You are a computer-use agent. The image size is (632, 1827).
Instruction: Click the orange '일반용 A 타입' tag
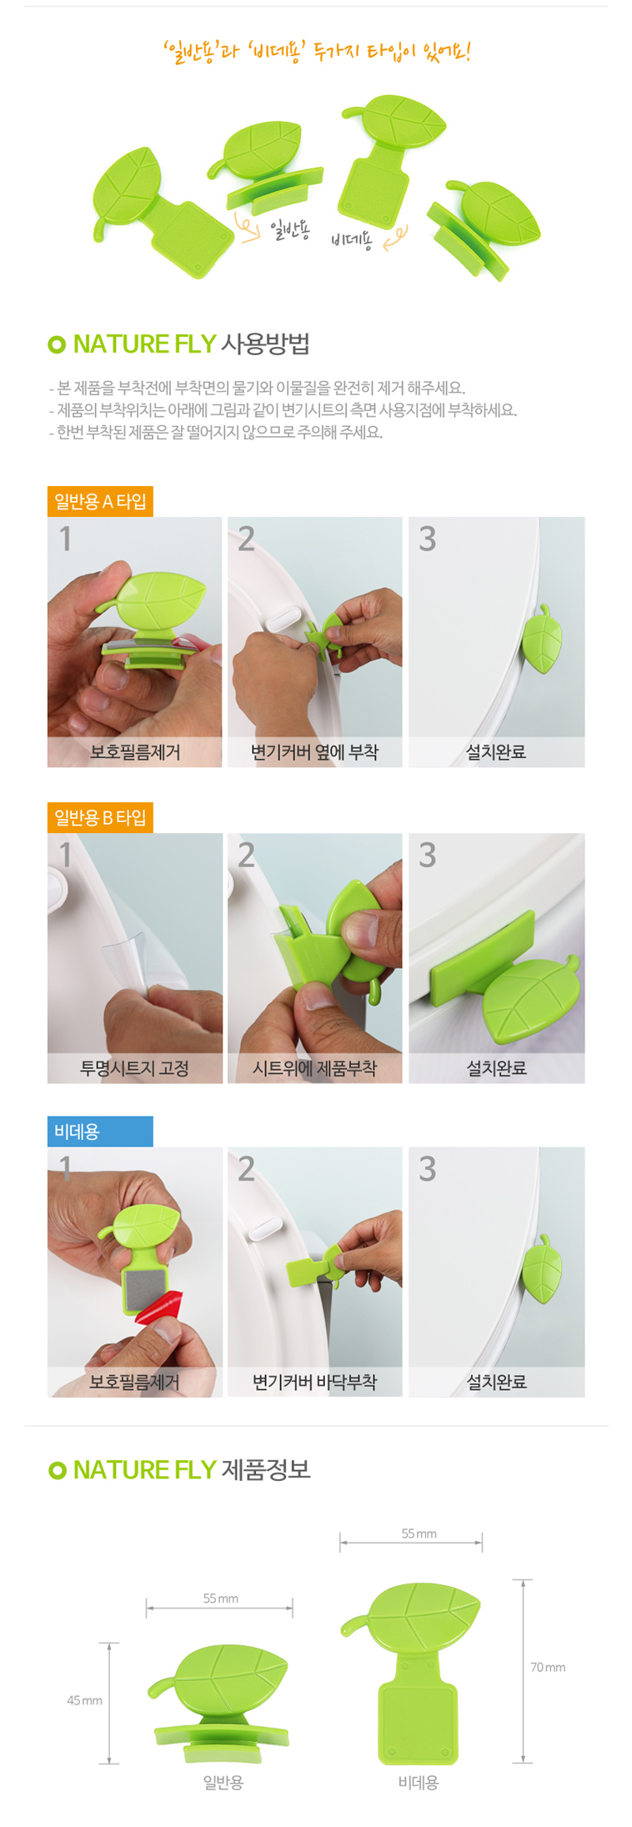pyautogui.click(x=100, y=501)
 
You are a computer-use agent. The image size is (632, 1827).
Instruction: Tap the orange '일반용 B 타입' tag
pyautogui.click(x=100, y=817)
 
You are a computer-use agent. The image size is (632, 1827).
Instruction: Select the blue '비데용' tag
pyautogui.click(x=100, y=1132)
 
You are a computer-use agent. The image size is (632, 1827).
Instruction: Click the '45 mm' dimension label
pyautogui.click(x=84, y=1700)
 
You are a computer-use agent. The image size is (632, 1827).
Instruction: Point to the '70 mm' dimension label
pyautogui.click(x=548, y=1667)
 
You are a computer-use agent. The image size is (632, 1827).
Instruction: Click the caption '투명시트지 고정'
pyautogui.click(x=134, y=1068)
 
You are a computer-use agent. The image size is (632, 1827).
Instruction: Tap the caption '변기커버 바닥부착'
pyautogui.click(x=314, y=1382)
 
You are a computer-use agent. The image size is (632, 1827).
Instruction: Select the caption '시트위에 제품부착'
pyautogui.click(x=314, y=1068)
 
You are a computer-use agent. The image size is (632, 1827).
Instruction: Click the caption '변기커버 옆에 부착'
pyautogui.click(x=314, y=752)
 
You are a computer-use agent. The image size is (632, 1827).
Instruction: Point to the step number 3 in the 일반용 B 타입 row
pyautogui.click(x=427, y=855)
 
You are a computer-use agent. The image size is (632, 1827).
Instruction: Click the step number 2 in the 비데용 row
pyautogui.click(x=246, y=1169)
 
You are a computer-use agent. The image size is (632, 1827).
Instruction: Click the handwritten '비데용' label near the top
pyautogui.click(x=351, y=241)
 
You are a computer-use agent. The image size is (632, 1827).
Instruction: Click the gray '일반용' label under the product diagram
pyautogui.click(x=223, y=1782)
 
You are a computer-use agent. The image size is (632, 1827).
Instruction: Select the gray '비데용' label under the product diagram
pyautogui.click(x=418, y=1782)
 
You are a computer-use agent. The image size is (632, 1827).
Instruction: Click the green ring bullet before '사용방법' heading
pyautogui.click(x=57, y=344)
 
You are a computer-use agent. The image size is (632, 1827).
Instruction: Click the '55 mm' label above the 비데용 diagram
pyautogui.click(x=419, y=1533)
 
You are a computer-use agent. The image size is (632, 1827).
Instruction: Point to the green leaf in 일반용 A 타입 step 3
pyautogui.click(x=541, y=639)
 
